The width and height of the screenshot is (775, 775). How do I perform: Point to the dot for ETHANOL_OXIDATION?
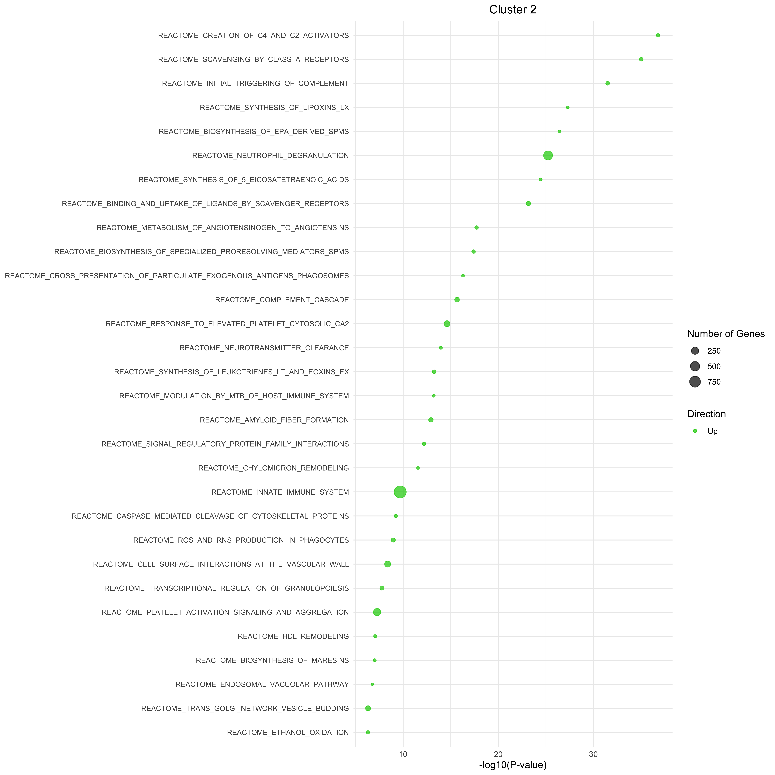click(368, 732)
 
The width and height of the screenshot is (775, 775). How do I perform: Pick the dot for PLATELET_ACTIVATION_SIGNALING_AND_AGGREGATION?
click(377, 612)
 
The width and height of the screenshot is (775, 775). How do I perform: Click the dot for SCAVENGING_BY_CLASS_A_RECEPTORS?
click(641, 59)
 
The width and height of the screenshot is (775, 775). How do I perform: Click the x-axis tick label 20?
click(498, 755)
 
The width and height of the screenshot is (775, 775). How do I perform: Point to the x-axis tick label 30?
click(593, 755)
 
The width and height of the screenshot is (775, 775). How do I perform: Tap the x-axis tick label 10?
click(403, 755)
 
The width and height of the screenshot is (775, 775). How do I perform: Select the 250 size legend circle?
click(695, 351)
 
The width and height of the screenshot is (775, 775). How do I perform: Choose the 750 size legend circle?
click(695, 382)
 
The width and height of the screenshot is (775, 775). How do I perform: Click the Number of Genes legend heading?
click(726, 334)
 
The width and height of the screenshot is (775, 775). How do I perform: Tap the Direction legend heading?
click(706, 414)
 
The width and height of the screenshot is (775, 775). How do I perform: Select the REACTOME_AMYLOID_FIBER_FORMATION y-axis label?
click(274, 420)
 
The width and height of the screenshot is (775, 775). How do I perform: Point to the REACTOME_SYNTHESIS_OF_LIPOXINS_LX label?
click(274, 108)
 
